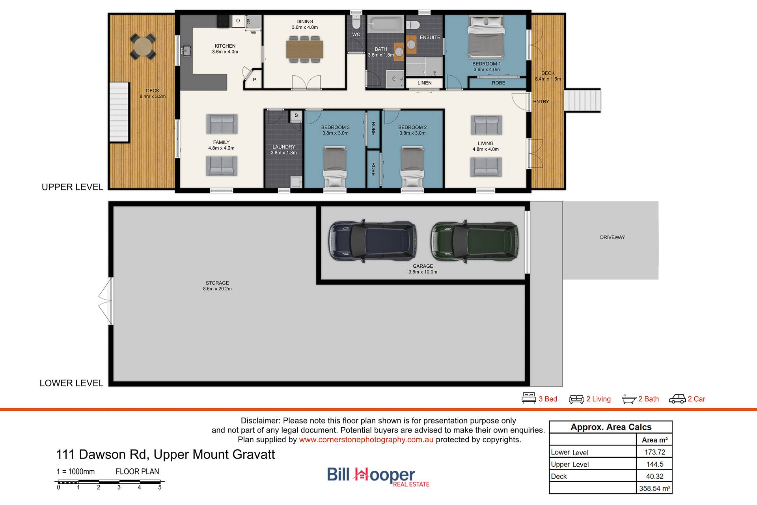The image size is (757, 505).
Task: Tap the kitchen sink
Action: pos(186,50)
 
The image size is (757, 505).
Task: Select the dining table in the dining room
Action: pos(305,49)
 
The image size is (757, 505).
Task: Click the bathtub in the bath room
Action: pos(386,24)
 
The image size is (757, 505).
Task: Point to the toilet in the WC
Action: pos(356,22)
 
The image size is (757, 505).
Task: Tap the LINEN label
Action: pos(425,83)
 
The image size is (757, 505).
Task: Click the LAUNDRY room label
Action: pos(283,147)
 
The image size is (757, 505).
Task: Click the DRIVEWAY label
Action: pos(612,237)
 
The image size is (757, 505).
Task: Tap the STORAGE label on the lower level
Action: pos(217,283)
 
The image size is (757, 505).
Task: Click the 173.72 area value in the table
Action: pos(654,452)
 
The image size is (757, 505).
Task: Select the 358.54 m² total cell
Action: pos(654,488)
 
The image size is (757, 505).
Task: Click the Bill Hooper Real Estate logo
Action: pos(378,477)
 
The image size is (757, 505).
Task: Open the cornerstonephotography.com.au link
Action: pos(366,440)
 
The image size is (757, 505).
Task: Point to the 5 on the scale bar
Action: pos(160,487)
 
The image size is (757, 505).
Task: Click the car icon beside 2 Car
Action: pos(677,399)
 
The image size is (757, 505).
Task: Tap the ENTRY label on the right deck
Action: pos(541,102)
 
